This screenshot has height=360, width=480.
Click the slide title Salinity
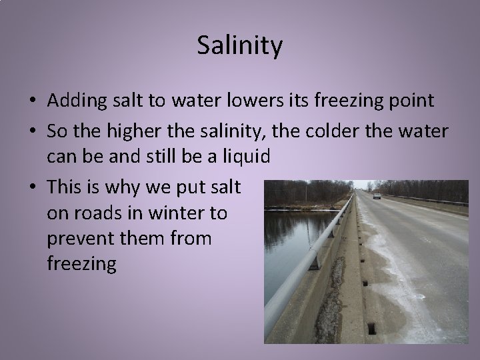pyautogui.click(x=240, y=46)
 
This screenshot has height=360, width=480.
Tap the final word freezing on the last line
pyautogui.click(x=83, y=263)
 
